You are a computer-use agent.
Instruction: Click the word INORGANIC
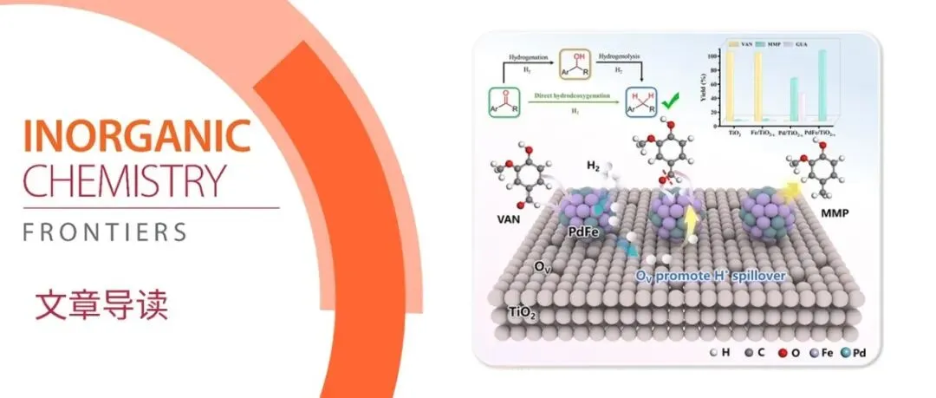(x=137, y=136)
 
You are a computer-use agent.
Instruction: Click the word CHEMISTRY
(x=124, y=181)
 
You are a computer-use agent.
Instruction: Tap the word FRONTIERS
(x=105, y=232)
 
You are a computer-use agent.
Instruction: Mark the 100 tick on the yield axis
(x=714, y=55)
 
